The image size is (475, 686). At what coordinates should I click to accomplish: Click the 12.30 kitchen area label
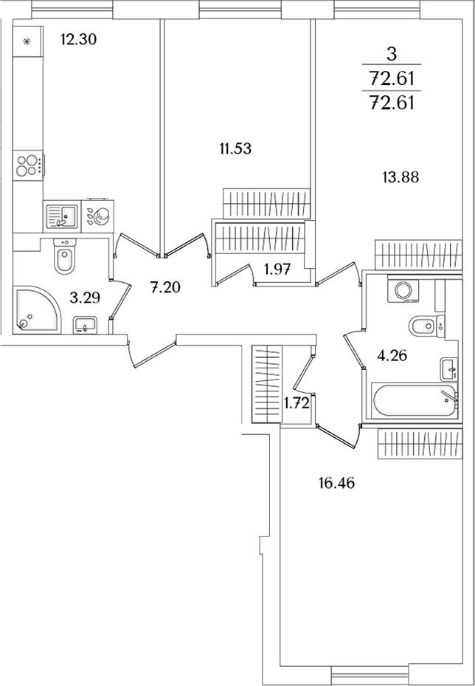point(79,40)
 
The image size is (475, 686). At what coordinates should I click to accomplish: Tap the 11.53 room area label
point(235,148)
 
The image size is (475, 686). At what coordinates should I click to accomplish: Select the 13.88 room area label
point(401,178)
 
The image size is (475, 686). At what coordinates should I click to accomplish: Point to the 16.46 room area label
point(336,484)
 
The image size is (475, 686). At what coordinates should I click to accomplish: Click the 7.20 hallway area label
point(165,287)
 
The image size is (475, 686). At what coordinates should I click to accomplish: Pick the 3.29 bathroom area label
point(85,298)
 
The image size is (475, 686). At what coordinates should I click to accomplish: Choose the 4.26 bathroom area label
point(392,356)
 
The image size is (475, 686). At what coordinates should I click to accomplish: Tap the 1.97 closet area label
point(277,269)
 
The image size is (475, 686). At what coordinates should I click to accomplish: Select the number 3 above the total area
point(392,55)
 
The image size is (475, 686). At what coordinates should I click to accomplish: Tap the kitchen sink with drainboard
point(62,216)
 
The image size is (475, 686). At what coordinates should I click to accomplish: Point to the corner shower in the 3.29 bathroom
point(37,309)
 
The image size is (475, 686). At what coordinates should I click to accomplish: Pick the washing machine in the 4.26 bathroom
point(403,290)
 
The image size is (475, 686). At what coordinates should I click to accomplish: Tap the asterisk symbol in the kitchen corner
point(27,41)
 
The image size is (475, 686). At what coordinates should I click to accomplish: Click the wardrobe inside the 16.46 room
point(420,444)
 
